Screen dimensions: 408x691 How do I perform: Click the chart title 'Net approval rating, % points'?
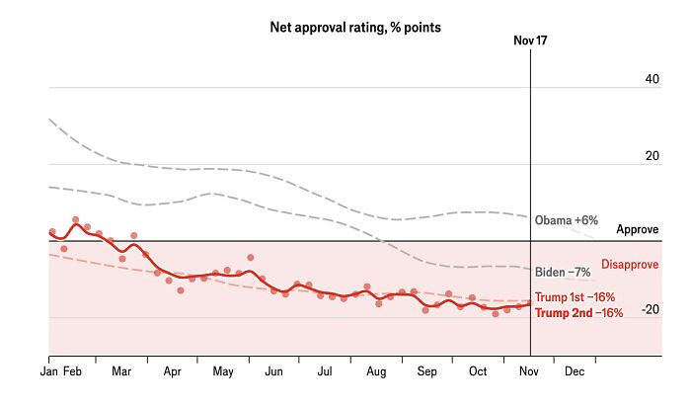[x=355, y=28]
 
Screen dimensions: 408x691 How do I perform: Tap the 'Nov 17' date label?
[x=530, y=41]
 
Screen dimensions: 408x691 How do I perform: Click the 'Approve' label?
[x=637, y=229]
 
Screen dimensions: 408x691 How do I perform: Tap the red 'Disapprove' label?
[x=630, y=265]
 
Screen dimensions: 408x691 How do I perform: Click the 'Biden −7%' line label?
[x=562, y=272]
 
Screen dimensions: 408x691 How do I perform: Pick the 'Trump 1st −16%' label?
[x=575, y=297]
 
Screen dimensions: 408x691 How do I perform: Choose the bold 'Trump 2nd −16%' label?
[x=578, y=313]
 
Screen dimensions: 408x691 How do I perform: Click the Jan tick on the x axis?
[x=48, y=371]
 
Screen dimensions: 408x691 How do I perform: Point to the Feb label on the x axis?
[x=72, y=371]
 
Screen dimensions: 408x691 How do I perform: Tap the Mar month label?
[x=121, y=371]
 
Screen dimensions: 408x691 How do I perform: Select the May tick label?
[x=223, y=371]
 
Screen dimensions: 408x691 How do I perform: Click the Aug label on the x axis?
[x=376, y=371]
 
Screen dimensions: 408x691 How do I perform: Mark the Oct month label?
[x=478, y=371]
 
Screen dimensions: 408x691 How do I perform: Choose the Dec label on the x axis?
[x=574, y=371]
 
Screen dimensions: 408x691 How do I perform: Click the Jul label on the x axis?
[x=325, y=371]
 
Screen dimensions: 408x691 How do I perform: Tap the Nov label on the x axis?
[x=529, y=371]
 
